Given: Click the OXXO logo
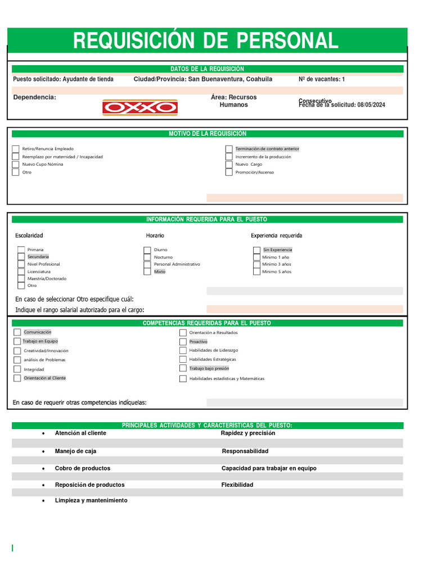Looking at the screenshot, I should click(x=139, y=107).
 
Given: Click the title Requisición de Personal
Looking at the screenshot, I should click(x=206, y=40).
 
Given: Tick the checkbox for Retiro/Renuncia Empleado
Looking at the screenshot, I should click(x=16, y=149).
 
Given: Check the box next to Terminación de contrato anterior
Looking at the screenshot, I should click(x=229, y=149).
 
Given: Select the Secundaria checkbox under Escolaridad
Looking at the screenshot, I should click(x=21, y=257).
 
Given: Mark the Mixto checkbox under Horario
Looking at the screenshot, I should click(x=148, y=272).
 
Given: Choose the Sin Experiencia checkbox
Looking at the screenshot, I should click(x=257, y=250).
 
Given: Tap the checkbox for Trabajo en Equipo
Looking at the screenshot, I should click(x=17, y=341).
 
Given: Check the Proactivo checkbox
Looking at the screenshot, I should click(x=183, y=341).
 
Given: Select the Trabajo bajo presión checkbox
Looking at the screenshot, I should click(x=183, y=369).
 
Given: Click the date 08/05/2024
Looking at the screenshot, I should click(x=371, y=105).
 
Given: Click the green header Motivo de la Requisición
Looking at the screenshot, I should click(x=208, y=134).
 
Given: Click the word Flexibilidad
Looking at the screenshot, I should click(x=237, y=485).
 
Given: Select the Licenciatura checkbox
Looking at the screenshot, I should click(x=21, y=272).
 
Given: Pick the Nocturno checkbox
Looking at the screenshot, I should click(x=148, y=257).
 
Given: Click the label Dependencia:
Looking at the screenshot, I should click(x=34, y=98).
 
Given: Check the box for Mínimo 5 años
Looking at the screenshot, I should click(x=257, y=272).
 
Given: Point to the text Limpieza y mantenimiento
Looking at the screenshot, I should click(x=91, y=500).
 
